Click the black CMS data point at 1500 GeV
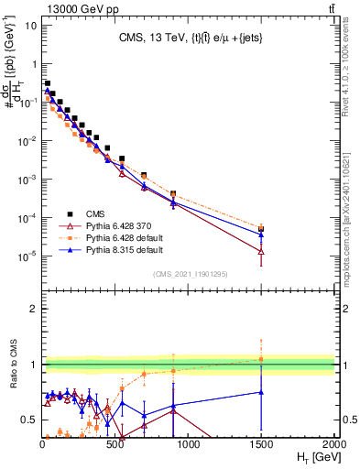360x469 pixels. tap(262, 229)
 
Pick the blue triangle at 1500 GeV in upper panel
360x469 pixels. tap(262, 234)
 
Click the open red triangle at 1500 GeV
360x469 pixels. tap(262, 251)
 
